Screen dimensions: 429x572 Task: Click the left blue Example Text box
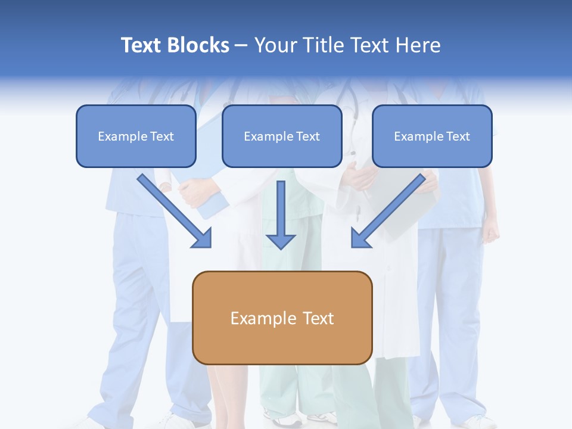(x=136, y=136)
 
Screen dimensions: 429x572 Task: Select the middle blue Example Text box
(x=282, y=136)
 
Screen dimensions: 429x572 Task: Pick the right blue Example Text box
(x=432, y=136)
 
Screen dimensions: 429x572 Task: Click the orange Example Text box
(x=282, y=318)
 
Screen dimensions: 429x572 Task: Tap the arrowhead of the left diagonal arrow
(x=203, y=238)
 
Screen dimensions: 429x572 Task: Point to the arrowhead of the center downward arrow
(x=281, y=241)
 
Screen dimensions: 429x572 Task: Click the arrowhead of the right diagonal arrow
(x=360, y=238)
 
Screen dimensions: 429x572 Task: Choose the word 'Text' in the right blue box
(x=458, y=136)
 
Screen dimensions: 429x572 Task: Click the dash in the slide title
(x=241, y=46)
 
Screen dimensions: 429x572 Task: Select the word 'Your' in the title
(x=275, y=45)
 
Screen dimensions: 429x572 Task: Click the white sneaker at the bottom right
(x=477, y=421)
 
